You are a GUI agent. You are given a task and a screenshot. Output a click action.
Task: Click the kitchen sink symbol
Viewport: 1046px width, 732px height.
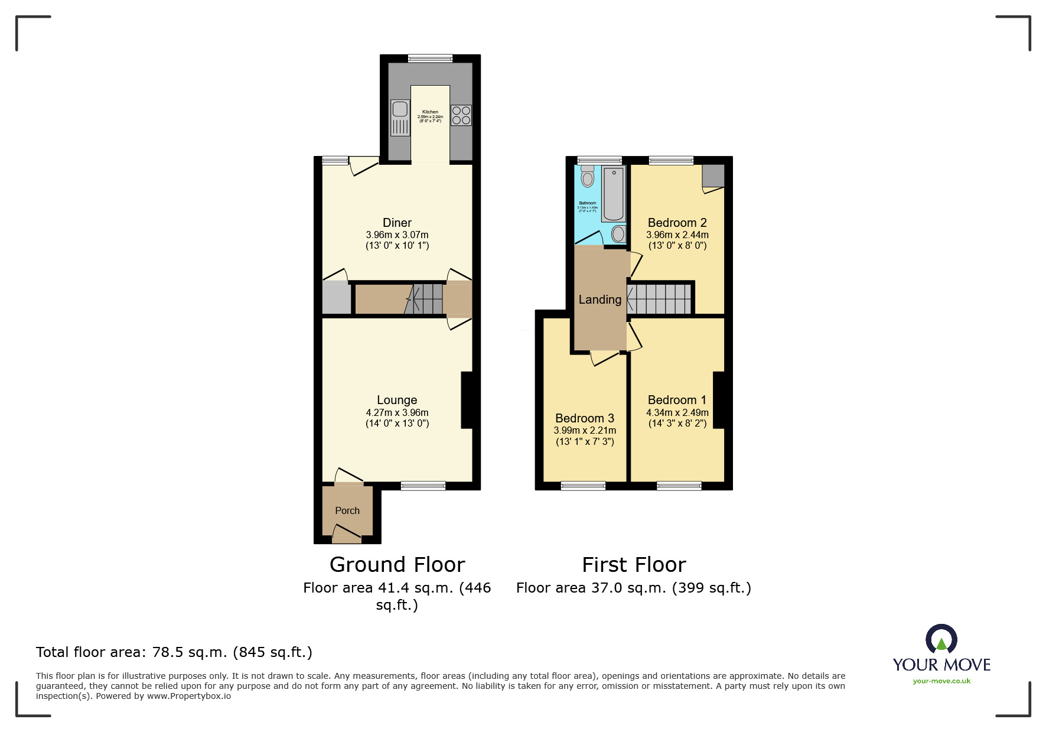[400, 117]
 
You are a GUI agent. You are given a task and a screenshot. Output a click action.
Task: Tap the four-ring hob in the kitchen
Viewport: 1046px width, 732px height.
[461, 115]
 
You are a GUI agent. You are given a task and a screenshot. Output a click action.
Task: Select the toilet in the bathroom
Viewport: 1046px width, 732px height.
[587, 176]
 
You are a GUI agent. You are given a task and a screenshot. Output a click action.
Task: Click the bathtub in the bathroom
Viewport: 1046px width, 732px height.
[614, 193]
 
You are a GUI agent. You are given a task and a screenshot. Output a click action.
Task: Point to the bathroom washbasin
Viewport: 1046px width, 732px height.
[618, 234]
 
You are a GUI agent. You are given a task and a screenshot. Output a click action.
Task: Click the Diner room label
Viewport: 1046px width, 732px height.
[397, 223]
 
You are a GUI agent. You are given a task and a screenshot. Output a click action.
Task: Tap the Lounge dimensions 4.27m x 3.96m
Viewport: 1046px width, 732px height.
[397, 413]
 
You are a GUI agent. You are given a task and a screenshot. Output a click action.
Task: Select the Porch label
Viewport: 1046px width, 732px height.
[347, 510]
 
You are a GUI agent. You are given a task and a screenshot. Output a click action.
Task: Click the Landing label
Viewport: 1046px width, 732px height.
[599, 300]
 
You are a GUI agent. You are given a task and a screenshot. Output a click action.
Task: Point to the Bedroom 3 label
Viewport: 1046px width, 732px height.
[585, 418]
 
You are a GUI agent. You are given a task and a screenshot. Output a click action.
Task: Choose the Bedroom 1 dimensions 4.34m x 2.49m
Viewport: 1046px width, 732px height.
[677, 413]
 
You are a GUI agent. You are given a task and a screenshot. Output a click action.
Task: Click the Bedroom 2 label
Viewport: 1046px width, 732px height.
[677, 223]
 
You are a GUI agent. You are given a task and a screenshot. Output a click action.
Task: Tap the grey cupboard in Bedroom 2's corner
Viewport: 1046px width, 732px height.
[713, 175]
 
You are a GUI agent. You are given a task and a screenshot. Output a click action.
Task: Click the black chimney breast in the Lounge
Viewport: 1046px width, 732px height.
[467, 399]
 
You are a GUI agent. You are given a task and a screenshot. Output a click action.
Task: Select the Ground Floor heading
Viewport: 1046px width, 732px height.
[397, 565]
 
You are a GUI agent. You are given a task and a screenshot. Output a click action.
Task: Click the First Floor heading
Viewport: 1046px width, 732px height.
[634, 565]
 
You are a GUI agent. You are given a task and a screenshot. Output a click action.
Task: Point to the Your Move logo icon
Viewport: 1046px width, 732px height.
[941, 639]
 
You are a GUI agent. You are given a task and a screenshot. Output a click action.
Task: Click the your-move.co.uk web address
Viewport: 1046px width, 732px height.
[941, 681]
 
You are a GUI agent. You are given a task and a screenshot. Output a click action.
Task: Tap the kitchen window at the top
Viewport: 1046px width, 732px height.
[430, 58]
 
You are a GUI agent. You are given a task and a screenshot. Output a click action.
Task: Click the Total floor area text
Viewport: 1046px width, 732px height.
[174, 652]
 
